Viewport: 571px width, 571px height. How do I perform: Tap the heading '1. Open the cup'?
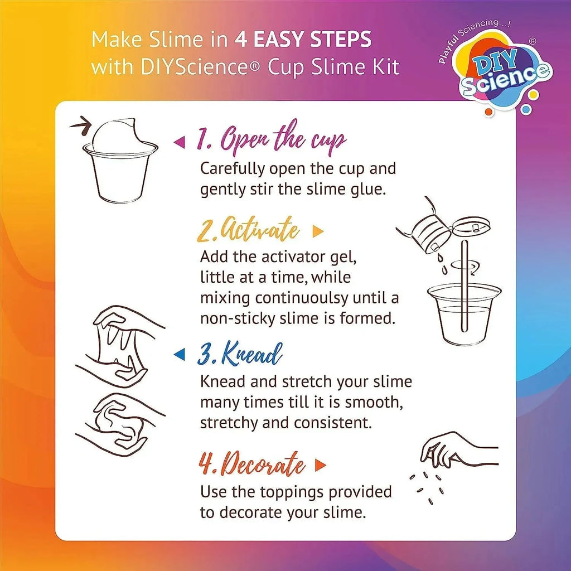coord(271,140)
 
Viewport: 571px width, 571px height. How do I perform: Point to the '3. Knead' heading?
coord(240,354)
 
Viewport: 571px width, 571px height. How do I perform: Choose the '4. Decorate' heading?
coord(253,465)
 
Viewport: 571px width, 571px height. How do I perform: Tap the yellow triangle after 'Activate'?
coord(318,231)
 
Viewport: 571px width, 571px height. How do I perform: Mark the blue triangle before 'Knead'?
coord(179,354)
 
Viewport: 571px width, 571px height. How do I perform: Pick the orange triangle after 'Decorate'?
coord(320,465)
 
